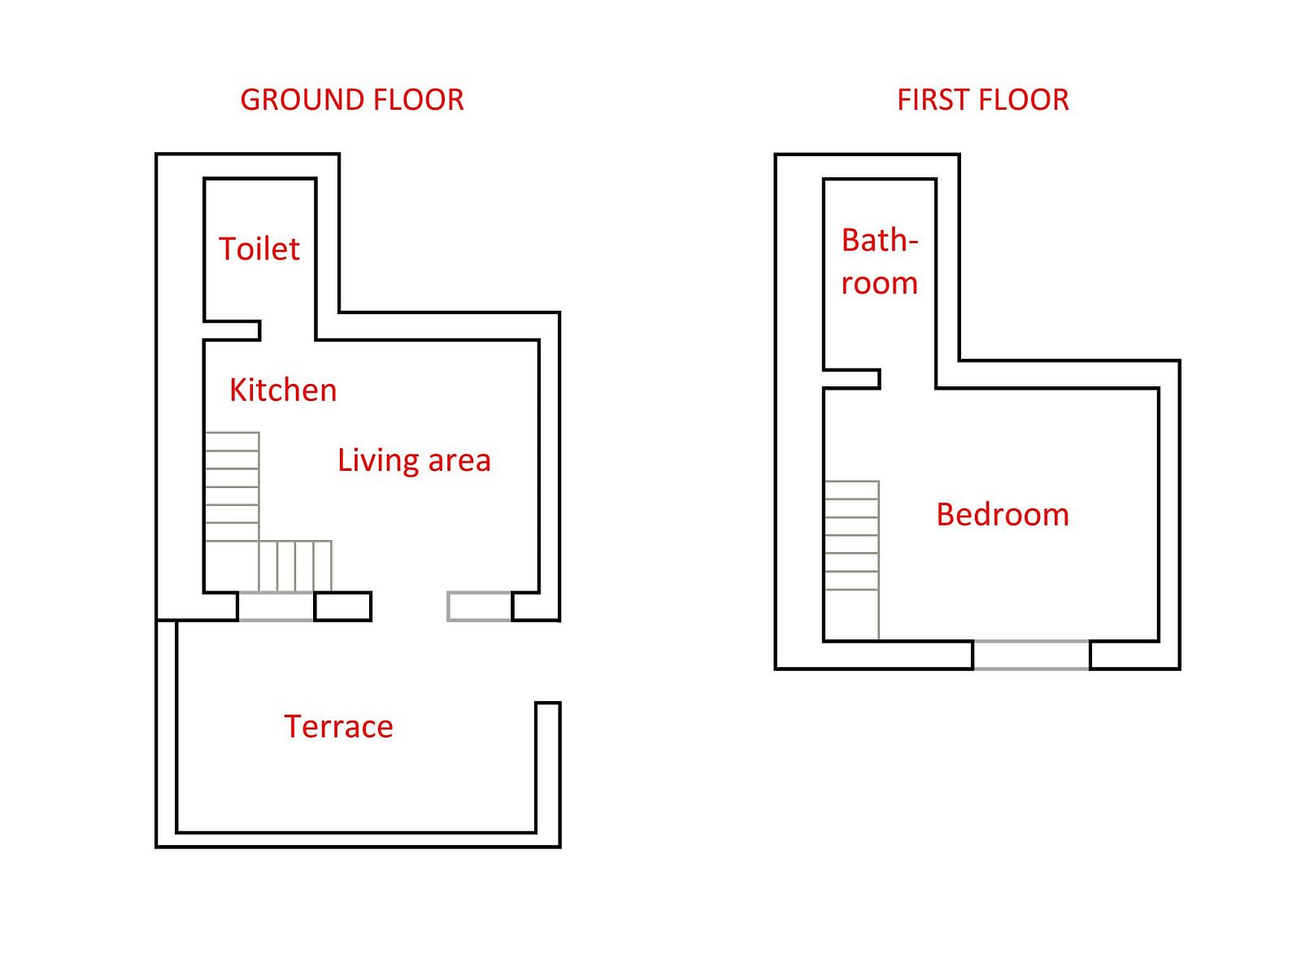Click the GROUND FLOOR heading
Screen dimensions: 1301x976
pyautogui.click(x=351, y=99)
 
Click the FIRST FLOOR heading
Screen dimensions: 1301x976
pyautogui.click(x=983, y=99)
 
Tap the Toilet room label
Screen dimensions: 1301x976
pyautogui.click(x=259, y=248)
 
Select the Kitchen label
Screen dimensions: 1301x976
pyautogui.click(x=283, y=390)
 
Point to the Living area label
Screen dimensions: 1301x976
pyautogui.click(x=415, y=461)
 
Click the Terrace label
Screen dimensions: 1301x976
pyautogui.click(x=338, y=726)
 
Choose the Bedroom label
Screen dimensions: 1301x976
pyautogui.click(x=1003, y=514)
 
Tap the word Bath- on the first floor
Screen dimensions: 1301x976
pyautogui.click(x=880, y=241)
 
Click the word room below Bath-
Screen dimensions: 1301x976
pyautogui.click(x=880, y=283)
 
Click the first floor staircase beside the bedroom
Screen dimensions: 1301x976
pyautogui.click(x=851, y=560)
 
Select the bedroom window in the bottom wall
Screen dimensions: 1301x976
pyautogui.click(x=1031, y=655)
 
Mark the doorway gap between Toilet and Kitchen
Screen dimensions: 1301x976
pyautogui.click(x=288, y=331)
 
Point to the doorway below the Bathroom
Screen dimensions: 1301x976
pyautogui.click(x=907, y=379)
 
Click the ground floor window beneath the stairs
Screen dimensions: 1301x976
pyautogui.click(x=276, y=606)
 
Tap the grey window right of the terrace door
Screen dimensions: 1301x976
pyautogui.click(x=479, y=606)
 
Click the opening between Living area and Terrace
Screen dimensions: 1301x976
pyautogui.click(x=409, y=606)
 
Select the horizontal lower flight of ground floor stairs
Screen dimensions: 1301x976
pyautogui.click(x=295, y=566)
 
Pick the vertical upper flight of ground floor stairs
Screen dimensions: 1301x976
pyautogui.click(x=233, y=486)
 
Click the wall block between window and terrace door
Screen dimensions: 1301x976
pyautogui.click(x=342, y=606)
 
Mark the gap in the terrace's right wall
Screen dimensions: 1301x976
pyautogui.click(x=548, y=662)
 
